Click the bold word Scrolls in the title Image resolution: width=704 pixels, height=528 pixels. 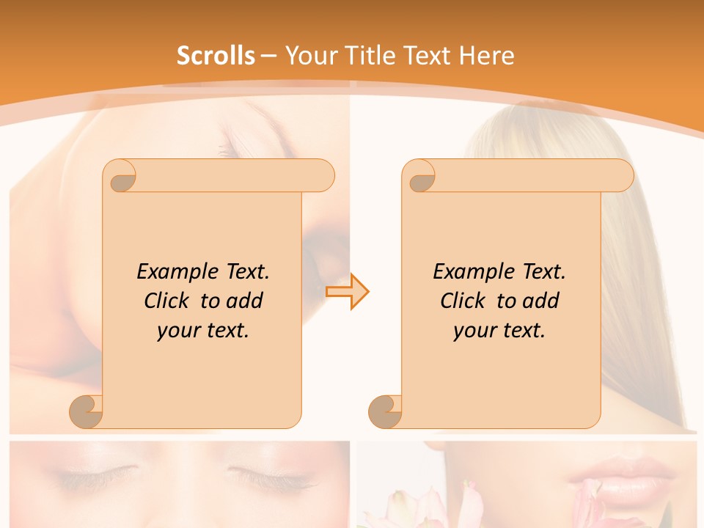(216, 56)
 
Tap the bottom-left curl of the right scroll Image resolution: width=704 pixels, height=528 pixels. (386, 411)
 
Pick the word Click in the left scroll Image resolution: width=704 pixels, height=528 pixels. (169, 301)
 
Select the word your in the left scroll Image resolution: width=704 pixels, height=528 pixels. (177, 330)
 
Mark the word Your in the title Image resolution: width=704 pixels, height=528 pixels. (309, 56)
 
